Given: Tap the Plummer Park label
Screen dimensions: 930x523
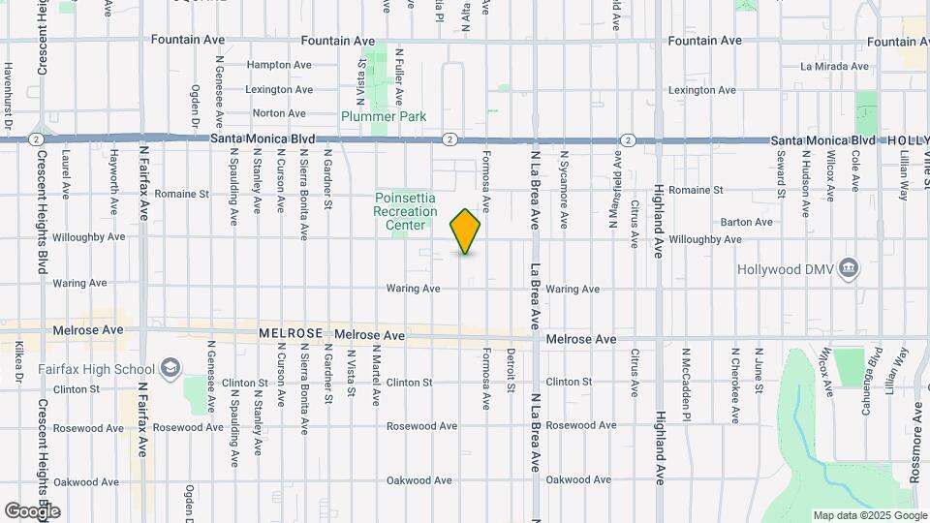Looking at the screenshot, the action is click(x=383, y=116).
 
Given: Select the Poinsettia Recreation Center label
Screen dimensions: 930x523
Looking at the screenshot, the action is click(x=406, y=211).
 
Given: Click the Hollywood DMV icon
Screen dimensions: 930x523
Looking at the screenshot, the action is click(x=849, y=266).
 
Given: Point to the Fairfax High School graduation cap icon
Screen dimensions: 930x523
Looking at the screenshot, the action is click(x=170, y=368).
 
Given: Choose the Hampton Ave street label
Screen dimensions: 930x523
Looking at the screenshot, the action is click(x=279, y=65).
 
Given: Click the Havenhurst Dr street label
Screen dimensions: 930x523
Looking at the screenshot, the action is click(x=7, y=97).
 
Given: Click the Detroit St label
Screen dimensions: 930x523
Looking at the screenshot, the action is click(x=511, y=374).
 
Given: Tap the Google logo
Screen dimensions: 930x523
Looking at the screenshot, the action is click(x=32, y=510).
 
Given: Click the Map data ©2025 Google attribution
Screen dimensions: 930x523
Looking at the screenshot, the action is click(x=870, y=515).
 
